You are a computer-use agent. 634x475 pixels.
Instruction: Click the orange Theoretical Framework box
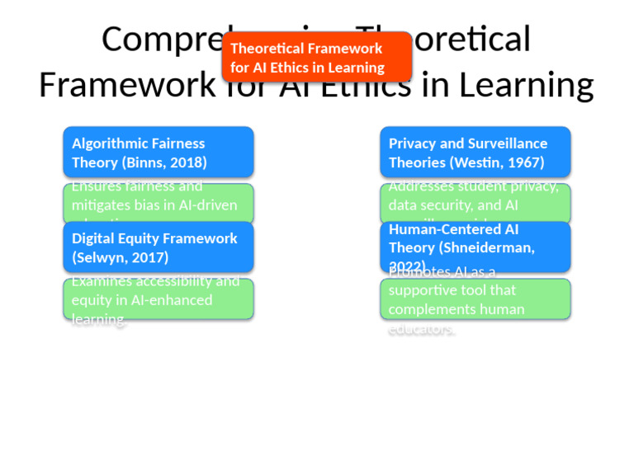point(316,58)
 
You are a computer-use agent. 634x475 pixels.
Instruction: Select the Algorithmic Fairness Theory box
point(158,152)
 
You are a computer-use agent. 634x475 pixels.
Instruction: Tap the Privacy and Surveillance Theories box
point(475,152)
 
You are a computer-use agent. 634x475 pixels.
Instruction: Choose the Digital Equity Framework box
point(158,247)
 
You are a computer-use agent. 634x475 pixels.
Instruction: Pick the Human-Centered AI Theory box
point(475,247)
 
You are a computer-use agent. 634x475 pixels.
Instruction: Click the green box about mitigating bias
point(158,204)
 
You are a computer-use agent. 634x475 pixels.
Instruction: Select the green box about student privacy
point(475,204)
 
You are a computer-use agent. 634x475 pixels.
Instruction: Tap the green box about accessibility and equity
point(158,299)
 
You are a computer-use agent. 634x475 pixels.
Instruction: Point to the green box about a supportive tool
point(475,299)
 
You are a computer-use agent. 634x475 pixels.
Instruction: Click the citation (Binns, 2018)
point(164,162)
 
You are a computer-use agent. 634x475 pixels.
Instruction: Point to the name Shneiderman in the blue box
point(487,247)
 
